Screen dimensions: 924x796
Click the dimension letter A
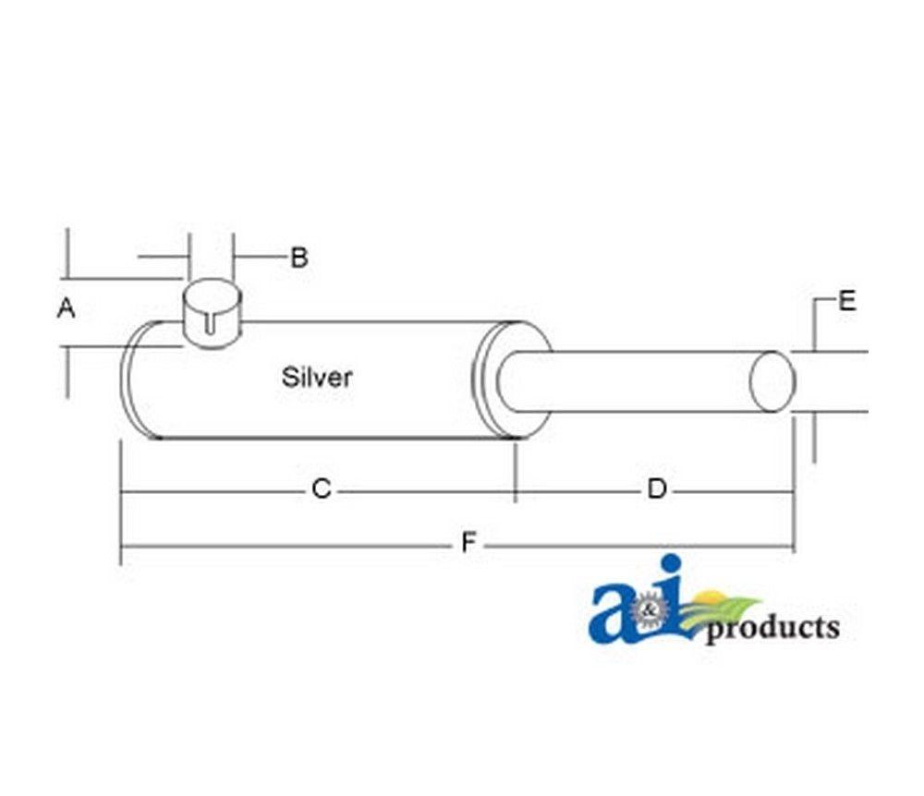tap(66, 308)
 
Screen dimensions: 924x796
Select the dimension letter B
tap(299, 258)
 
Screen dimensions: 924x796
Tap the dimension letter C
tap(322, 489)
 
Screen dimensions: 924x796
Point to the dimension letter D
tap(656, 488)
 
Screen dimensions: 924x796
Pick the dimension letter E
tap(846, 301)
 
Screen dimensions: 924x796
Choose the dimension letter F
tap(468, 542)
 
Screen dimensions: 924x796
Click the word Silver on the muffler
tap(317, 378)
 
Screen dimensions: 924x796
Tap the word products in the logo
tap(772, 629)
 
